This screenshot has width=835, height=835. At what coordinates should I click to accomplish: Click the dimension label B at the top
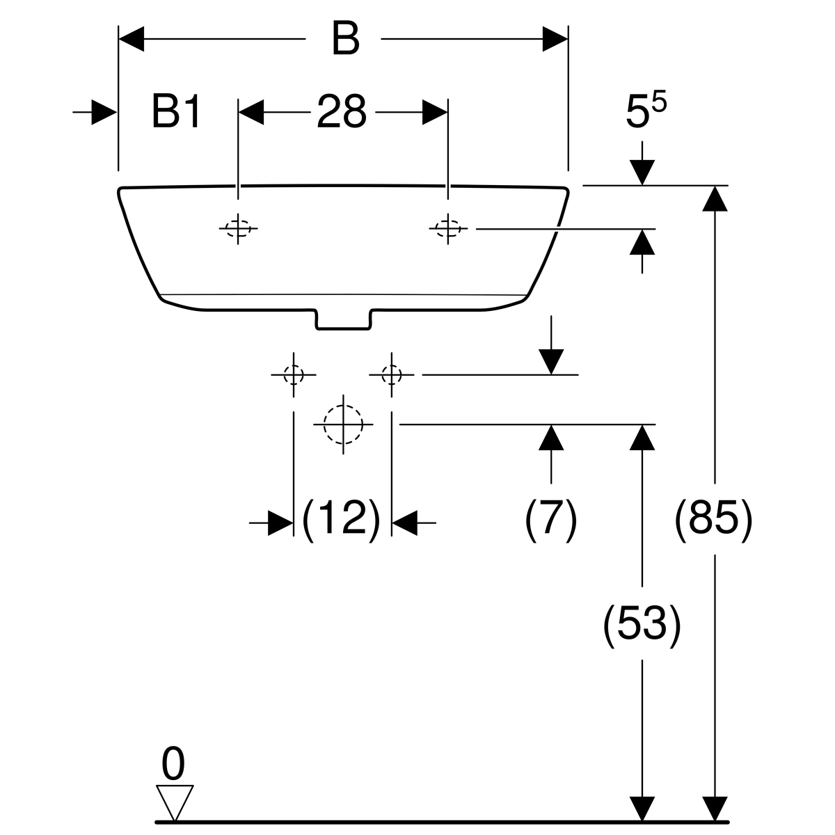point(345,38)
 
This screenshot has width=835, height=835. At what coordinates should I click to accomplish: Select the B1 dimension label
point(176,112)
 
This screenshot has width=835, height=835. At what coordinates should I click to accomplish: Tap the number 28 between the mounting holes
point(342,112)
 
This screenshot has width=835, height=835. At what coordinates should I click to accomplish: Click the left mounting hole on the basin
point(238,228)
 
